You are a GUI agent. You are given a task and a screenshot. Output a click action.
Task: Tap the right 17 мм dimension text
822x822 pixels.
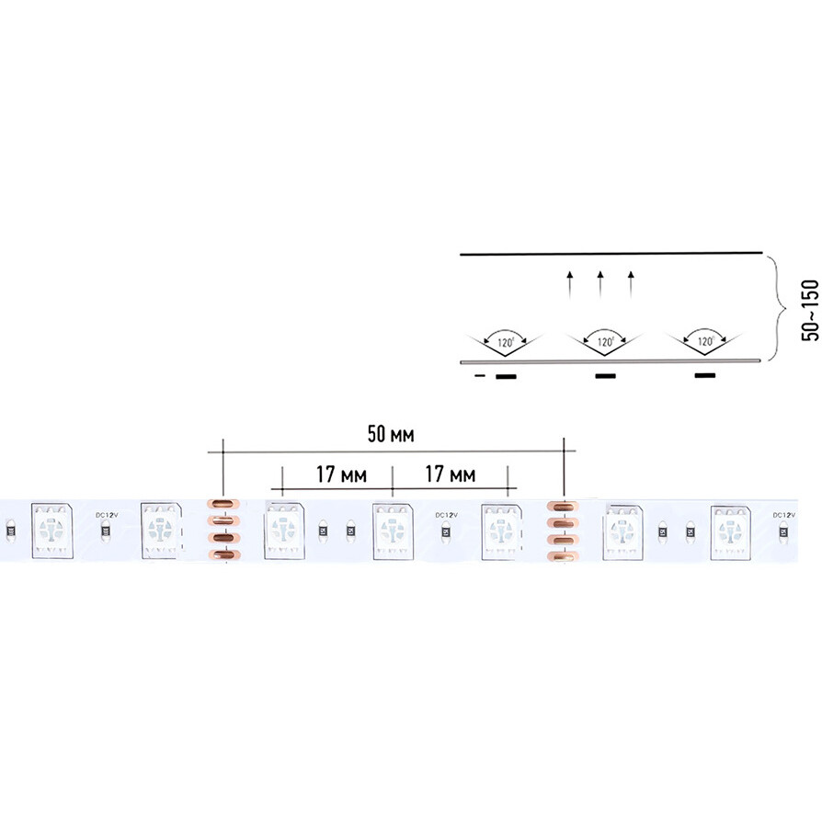(x=451, y=474)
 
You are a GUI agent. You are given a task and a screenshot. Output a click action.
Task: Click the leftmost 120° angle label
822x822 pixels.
(x=505, y=342)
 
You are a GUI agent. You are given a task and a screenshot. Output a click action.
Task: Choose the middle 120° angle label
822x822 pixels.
(x=605, y=342)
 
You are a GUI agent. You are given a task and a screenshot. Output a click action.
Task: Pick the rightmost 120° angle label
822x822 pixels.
(x=705, y=342)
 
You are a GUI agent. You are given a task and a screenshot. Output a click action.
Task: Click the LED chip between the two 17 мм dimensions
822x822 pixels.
(x=391, y=529)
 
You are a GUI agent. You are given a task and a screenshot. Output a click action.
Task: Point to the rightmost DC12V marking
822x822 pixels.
(x=783, y=514)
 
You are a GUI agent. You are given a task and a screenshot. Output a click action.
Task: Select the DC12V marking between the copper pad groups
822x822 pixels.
(x=445, y=514)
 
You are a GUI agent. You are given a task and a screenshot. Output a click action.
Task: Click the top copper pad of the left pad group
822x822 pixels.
(x=222, y=503)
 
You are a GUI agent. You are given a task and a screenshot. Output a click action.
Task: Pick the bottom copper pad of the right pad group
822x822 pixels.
(x=561, y=555)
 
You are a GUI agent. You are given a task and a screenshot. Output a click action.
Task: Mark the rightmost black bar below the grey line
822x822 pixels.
(x=705, y=375)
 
